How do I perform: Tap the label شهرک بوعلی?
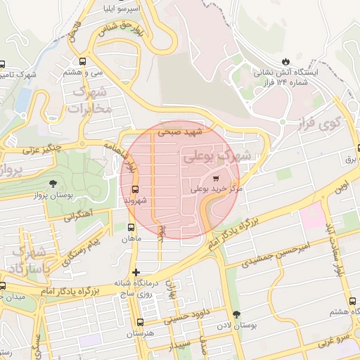220,157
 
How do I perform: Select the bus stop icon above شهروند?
135,188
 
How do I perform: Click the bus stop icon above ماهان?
131,227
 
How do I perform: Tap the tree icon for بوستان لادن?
235,314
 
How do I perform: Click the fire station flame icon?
285,60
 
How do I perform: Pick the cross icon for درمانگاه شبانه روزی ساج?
136,271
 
